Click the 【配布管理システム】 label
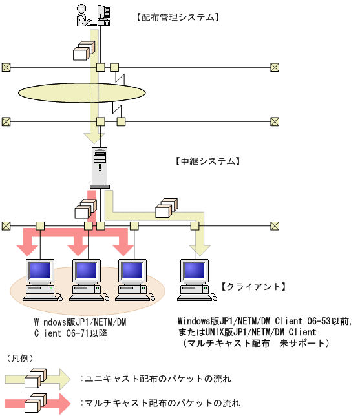pyautogui.click(x=178, y=17)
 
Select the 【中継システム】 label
pyautogui.click(x=207, y=161)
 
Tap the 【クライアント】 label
pyautogui.click(x=253, y=287)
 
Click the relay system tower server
pyautogui.click(x=100, y=168)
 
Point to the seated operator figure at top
pyautogui.click(x=84, y=15)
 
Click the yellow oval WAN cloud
pyautogui.click(x=82, y=93)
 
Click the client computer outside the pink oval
pyautogui.click(x=196, y=280)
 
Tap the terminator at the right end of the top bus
pyautogui.click(x=275, y=67)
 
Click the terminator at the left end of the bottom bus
pyautogui.click(x=6, y=226)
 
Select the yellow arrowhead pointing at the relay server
pyautogui.click(x=94, y=138)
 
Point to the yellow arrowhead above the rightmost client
pyautogui.click(x=200, y=251)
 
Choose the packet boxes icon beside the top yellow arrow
pyautogui.click(x=84, y=50)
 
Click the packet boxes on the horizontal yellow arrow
pyautogui.click(x=167, y=208)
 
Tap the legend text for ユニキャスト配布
pyautogui.click(x=156, y=379)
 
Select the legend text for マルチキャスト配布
pyautogui.click(x=161, y=403)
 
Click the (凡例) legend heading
pyautogui.click(x=20, y=359)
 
